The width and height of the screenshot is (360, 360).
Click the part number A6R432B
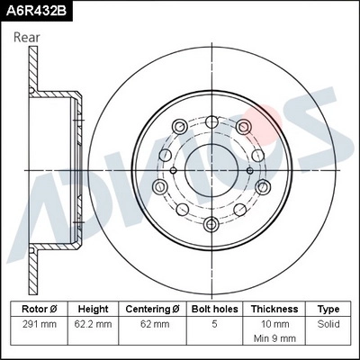coord(36,10)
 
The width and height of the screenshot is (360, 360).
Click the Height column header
coord(93,308)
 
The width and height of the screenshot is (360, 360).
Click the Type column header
coord(328,308)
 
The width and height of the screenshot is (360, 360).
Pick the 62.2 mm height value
coord(93,323)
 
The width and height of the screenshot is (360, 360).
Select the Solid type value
coord(328,323)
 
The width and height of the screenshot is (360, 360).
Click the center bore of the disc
coord(210,170)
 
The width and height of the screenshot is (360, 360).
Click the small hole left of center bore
coord(171,170)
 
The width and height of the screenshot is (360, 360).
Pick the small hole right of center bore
coord(249,170)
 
